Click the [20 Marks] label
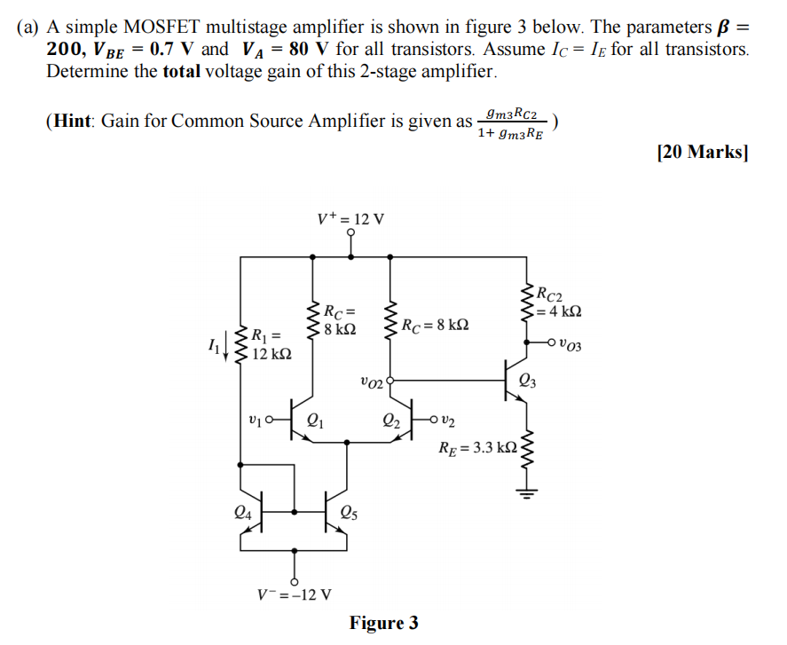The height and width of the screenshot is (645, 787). tap(703, 152)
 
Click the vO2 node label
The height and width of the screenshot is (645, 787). tap(373, 382)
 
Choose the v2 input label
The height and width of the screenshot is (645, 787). tap(449, 419)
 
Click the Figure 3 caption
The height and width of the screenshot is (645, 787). tap(383, 623)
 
